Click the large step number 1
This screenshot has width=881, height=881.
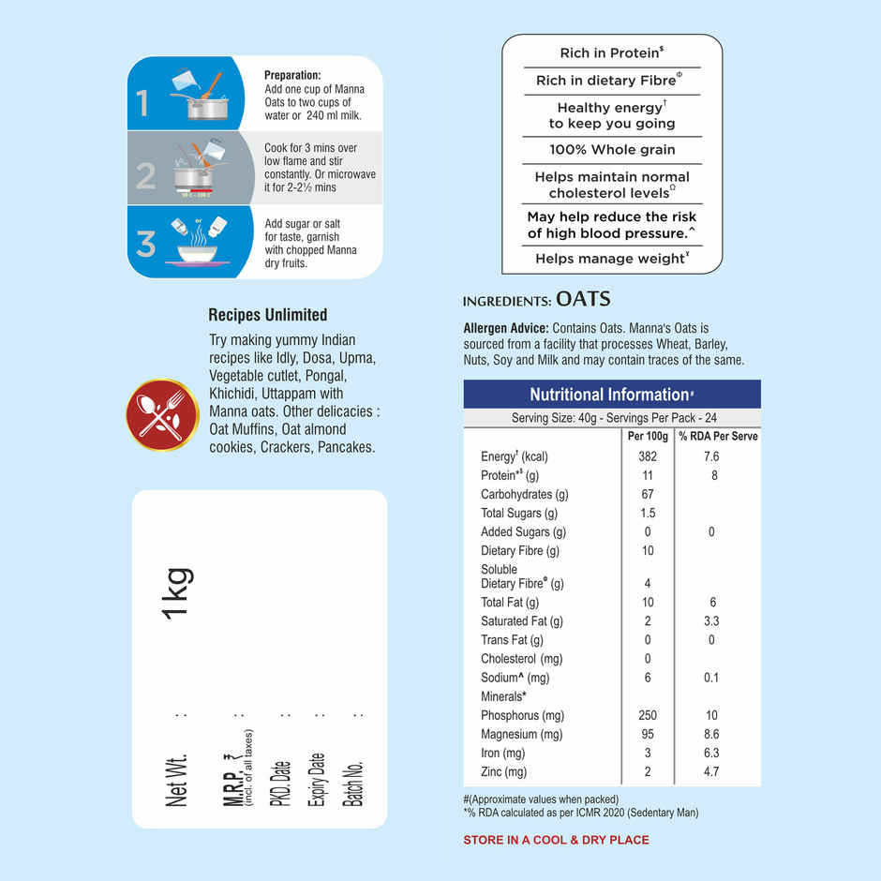[142, 103]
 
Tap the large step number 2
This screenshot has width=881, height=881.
[145, 175]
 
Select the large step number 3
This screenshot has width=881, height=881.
[145, 244]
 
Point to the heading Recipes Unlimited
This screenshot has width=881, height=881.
[267, 315]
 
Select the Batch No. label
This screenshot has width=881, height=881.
[354, 784]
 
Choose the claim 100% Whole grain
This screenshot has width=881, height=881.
[612, 150]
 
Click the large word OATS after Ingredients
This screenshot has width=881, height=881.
[583, 300]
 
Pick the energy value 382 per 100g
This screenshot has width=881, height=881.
[648, 456]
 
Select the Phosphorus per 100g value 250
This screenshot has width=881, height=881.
[648, 715]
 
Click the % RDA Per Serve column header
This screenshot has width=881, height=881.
[718, 436]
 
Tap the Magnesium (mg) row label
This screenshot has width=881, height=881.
[522, 734]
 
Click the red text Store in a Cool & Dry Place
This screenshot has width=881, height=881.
[556, 840]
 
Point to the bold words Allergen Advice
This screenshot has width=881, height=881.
[506, 329]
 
